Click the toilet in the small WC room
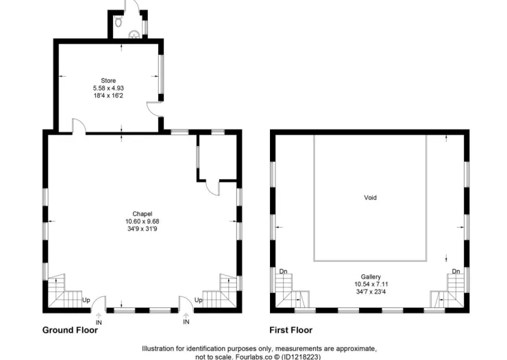click(x=119, y=21)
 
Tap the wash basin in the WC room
click(x=134, y=34)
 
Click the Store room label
click(x=108, y=81)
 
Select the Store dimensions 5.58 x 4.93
click(x=108, y=88)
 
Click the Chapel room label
click(x=143, y=214)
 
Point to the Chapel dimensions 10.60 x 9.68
click(x=143, y=221)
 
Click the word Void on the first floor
click(x=370, y=197)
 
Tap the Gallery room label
click(x=371, y=277)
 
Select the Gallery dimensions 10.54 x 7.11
click(x=371, y=285)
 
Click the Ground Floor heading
click(x=70, y=331)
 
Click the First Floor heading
click(x=291, y=331)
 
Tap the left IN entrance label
click(x=99, y=322)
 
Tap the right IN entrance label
click(x=186, y=322)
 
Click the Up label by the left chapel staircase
click(x=86, y=300)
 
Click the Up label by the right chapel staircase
click(x=199, y=300)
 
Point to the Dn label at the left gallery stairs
click(x=283, y=272)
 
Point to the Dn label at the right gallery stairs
click(x=456, y=272)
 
